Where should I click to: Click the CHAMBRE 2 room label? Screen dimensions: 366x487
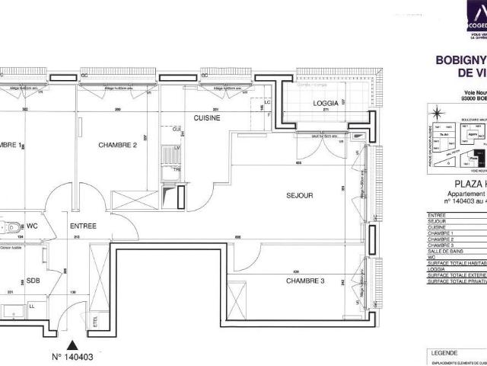[x=117, y=144]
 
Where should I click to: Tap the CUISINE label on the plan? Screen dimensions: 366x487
[x=207, y=118]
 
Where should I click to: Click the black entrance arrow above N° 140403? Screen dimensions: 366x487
[x=72, y=344]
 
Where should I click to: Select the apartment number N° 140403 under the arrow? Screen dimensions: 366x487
[x=72, y=356]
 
